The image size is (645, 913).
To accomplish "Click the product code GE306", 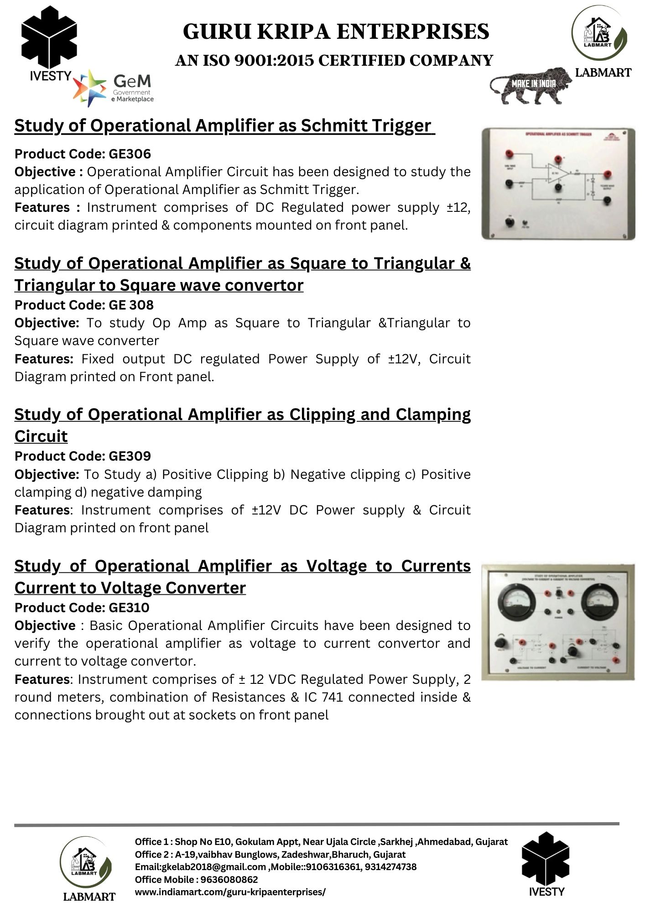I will point(130,154).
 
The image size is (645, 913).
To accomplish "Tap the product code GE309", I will point(130,456).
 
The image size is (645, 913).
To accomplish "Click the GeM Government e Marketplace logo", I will point(114,88).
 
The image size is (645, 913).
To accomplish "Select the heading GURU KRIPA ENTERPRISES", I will point(336,32).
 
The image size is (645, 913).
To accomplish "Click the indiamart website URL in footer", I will point(230,892).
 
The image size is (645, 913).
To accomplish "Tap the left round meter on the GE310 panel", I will point(513,602).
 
